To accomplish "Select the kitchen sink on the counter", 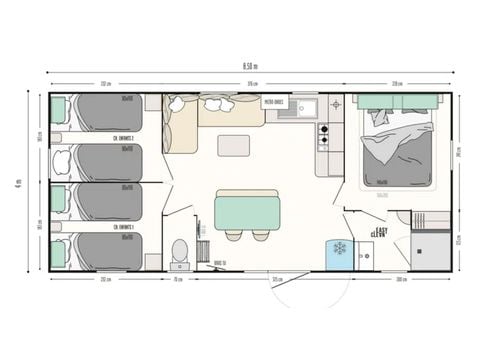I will coord(300,108).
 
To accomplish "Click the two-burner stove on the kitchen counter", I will coord(323,135).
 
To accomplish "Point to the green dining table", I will coord(247,211).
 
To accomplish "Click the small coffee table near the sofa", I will coord(233,145).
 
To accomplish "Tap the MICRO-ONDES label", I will coord(275,101).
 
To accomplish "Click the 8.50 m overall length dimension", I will coord(249,67).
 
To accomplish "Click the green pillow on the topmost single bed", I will coord(58,109).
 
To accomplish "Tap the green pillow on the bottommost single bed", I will coord(58,253).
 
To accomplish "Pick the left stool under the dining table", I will coord(233,236).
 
